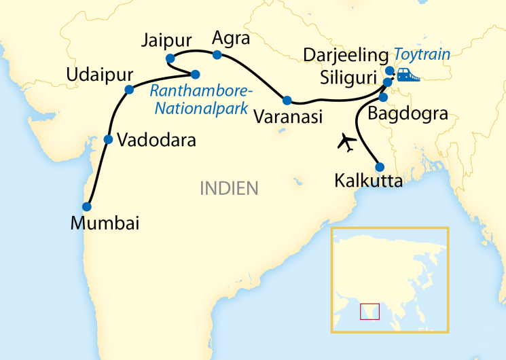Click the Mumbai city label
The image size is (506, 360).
(106, 223)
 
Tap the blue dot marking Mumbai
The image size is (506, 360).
(86, 206)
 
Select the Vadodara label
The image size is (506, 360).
(156, 141)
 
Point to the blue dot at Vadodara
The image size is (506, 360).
(108, 140)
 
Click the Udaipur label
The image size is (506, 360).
(100, 74)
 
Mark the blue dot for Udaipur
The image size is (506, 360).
(129, 90)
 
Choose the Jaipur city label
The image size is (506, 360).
(167, 39)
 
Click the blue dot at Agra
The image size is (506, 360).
(217, 54)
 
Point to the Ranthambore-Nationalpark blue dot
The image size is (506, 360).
(195, 74)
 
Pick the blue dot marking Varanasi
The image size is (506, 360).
(287, 101)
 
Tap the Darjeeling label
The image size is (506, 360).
(346, 54)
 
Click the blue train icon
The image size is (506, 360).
(408, 74)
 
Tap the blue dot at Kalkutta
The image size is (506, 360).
(380, 167)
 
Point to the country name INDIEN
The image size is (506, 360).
(229, 188)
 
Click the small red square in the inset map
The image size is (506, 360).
(369, 312)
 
